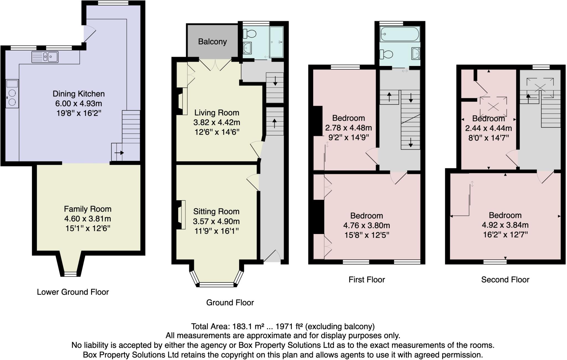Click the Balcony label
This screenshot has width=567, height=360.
pyautogui.click(x=212, y=42)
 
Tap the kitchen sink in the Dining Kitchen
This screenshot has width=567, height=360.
pyautogui.click(x=45, y=57)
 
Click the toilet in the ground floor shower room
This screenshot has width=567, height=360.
pyautogui.click(x=250, y=34)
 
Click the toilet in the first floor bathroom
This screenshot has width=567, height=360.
pyautogui.click(x=386, y=54)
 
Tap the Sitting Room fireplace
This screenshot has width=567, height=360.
pyautogui.click(x=181, y=215)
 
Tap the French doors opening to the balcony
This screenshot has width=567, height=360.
pyautogui.click(x=215, y=64)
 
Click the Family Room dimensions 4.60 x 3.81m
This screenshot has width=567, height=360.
pyautogui.click(x=87, y=219)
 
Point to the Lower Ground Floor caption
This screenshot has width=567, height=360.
pyautogui.click(x=73, y=292)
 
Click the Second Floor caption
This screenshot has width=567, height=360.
pyautogui.click(x=505, y=280)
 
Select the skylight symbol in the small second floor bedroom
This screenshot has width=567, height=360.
pyautogui.click(x=493, y=106)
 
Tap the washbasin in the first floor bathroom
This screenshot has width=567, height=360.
pyautogui.click(x=416, y=53)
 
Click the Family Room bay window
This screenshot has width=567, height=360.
pyautogui.click(x=70, y=274)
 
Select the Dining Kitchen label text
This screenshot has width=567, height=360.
pyautogui.click(x=79, y=94)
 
